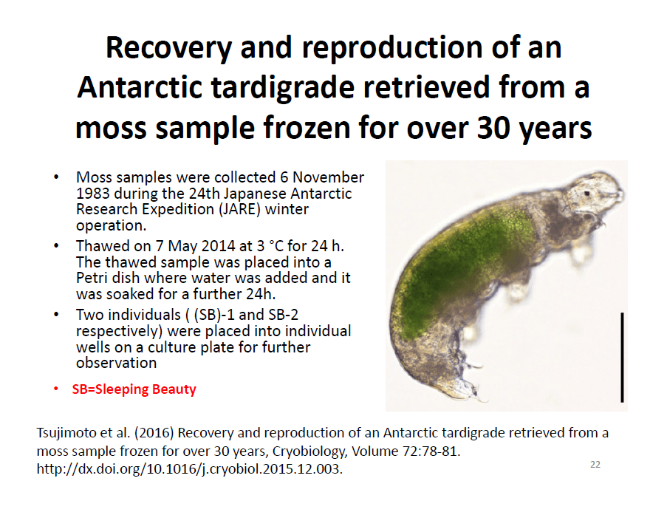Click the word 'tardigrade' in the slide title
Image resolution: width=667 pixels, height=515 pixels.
coord(283,88)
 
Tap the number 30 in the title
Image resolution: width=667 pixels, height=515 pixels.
coord(493,128)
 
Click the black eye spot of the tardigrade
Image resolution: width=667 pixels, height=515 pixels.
coord(586,194)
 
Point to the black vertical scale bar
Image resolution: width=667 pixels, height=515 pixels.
coord(622,357)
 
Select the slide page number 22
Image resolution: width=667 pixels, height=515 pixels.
coord(595,464)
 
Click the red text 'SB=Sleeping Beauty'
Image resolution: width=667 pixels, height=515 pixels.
coord(134,389)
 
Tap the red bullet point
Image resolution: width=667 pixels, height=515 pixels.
coord(55,389)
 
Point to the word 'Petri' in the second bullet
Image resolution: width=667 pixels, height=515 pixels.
coord(92,278)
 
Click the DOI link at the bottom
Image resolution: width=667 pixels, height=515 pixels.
coord(189,469)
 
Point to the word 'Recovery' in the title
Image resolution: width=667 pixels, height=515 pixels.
coord(168,48)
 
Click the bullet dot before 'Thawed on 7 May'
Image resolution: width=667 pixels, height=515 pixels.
coord(55,245)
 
